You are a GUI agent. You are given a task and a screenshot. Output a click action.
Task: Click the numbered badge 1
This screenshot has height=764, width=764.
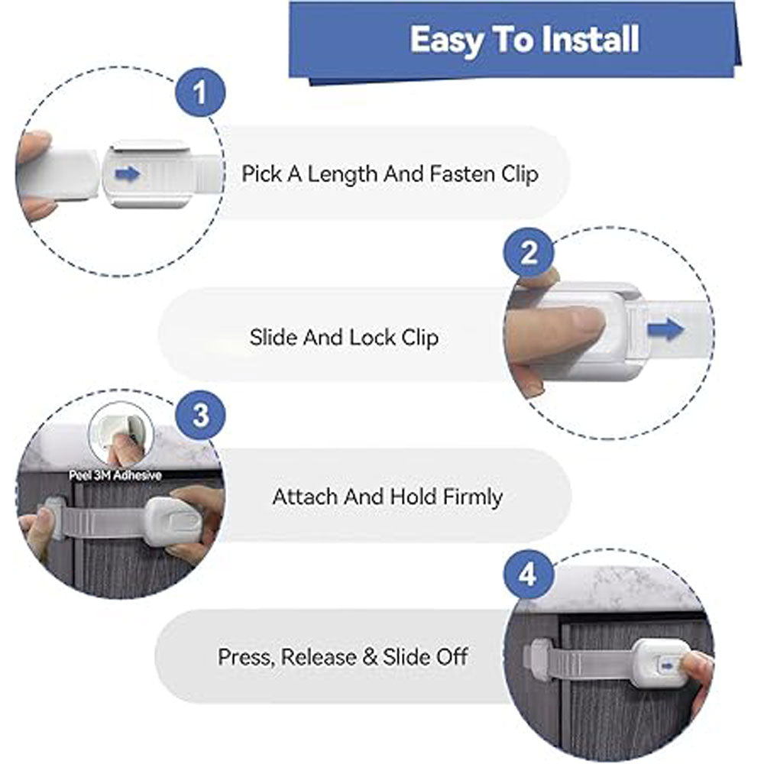click(x=200, y=92)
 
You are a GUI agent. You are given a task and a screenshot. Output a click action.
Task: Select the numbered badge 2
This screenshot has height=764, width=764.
click(x=529, y=252)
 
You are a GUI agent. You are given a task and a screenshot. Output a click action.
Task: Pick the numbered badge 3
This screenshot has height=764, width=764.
click(x=200, y=416)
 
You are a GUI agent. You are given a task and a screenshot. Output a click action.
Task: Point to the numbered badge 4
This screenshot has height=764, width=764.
click(x=529, y=575)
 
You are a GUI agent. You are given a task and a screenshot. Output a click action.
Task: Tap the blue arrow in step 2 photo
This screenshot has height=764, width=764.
click(x=665, y=329)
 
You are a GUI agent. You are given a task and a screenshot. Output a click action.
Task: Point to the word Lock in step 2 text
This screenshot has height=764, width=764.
click(x=373, y=337)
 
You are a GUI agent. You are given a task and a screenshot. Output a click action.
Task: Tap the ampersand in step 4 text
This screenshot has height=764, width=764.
click(x=370, y=657)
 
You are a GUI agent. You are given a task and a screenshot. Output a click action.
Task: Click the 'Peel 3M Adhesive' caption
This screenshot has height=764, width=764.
click(x=115, y=475)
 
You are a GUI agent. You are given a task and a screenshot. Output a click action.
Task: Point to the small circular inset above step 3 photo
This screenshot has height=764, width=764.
click(x=121, y=434)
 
